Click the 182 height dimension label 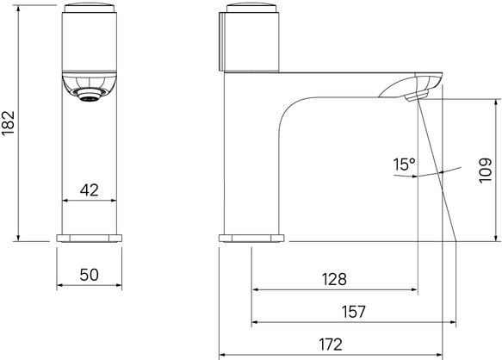pyautogui.click(x=9, y=123)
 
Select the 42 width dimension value pyautogui.click(x=89, y=190)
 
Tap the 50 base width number pyautogui.click(x=89, y=275)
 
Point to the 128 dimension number pyautogui.click(x=334, y=279)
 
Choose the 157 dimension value pyautogui.click(x=353, y=312)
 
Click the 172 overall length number pyautogui.click(x=331, y=344)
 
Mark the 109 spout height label pyautogui.click(x=486, y=170)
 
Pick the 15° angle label pyautogui.click(x=404, y=164)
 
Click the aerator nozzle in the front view pyautogui.click(x=89, y=95)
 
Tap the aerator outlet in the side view pyautogui.click(x=417, y=96)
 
